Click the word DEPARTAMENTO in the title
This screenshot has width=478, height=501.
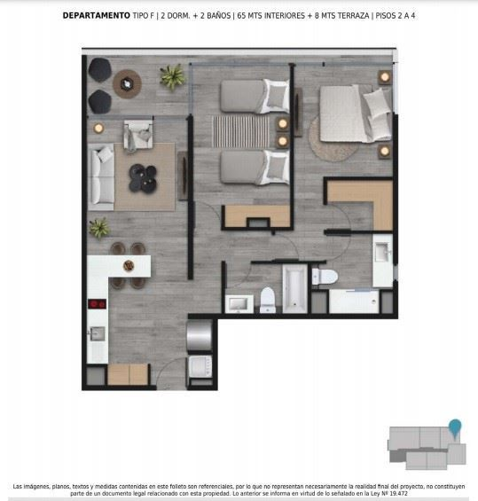[96, 16]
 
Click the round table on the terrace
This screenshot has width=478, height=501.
[127, 84]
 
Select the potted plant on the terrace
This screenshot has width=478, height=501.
[173, 76]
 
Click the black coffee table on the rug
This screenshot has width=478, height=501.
[143, 178]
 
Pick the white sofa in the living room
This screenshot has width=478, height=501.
[101, 176]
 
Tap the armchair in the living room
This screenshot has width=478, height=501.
[138, 136]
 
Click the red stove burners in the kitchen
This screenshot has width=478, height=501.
[98, 303]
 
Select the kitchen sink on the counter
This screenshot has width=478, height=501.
[98, 333]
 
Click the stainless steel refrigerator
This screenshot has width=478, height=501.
[200, 335]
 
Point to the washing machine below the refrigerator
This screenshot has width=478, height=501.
[200, 366]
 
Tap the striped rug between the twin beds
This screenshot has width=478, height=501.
[241, 131]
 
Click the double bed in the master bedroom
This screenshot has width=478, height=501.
[356, 114]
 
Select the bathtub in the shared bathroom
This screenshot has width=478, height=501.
[294, 289]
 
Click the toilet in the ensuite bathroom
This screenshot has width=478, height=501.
[325, 277]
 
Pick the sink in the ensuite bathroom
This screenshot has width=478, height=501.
[382, 252]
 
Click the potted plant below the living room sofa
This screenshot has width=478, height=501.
[99, 228]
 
